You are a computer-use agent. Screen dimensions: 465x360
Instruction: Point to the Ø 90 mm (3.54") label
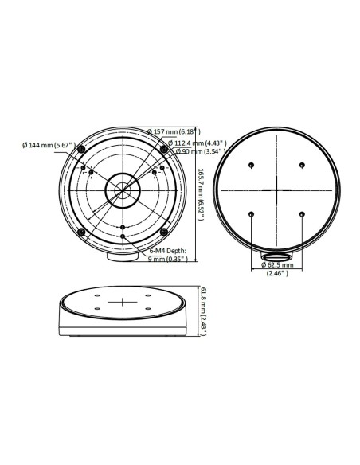coord(182,152)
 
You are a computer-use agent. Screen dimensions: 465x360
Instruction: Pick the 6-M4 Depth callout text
coord(167,250)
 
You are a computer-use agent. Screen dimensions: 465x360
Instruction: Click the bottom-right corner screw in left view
coord(163,232)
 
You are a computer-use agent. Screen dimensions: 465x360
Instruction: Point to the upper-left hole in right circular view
coord(251,166)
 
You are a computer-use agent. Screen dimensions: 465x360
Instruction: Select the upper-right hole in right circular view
coord(303,166)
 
